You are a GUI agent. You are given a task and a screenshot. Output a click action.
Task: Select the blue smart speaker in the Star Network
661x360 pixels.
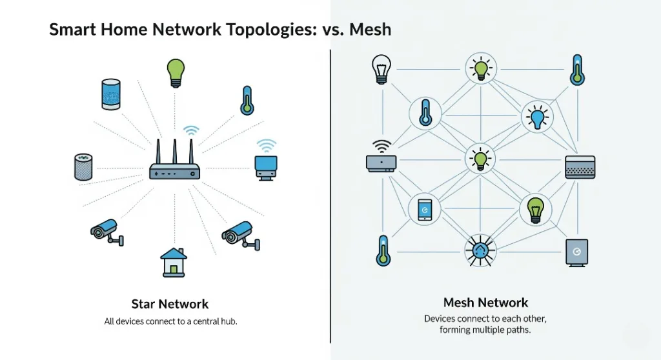point(111,94)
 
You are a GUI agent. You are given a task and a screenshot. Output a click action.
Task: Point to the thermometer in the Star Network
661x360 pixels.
point(247,101)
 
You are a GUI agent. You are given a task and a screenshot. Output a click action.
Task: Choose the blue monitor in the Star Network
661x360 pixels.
point(265,166)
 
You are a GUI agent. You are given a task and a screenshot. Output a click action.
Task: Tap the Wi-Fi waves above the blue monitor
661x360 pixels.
point(266,145)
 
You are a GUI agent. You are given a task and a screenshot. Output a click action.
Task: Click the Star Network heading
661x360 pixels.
point(170,304)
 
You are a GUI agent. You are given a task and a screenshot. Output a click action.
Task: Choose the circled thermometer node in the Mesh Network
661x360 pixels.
point(424,114)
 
